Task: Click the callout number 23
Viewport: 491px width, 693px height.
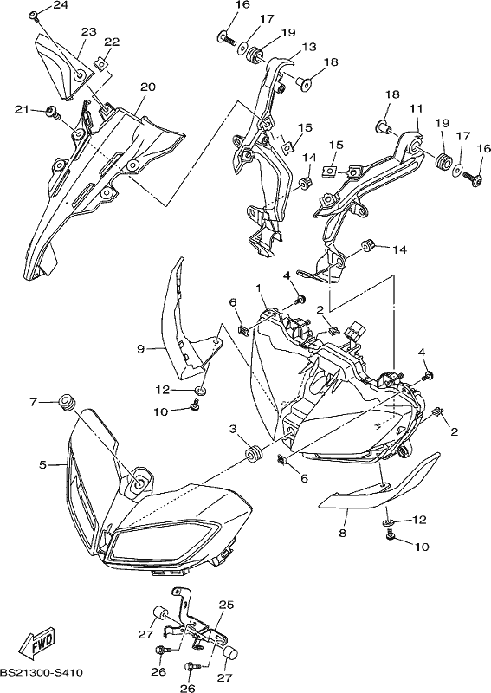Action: point(88,32)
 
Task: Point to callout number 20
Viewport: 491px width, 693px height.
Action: point(147,87)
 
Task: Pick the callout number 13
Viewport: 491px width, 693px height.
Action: point(309,47)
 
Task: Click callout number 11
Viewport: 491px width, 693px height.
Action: point(417,108)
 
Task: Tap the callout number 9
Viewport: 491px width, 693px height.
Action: point(140,349)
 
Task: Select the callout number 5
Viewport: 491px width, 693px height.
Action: point(43,464)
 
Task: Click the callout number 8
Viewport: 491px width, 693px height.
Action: point(343,533)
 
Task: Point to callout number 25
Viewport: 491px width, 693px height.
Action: point(226,605)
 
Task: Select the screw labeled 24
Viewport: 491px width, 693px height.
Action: point(34,16)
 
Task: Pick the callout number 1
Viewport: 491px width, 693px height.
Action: point(259,288)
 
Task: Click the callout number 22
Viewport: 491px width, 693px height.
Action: point(112,42)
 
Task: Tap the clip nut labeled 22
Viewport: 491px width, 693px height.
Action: point(100,64)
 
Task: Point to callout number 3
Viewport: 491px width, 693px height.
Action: point(233,429)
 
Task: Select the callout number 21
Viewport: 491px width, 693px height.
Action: point(22,110)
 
